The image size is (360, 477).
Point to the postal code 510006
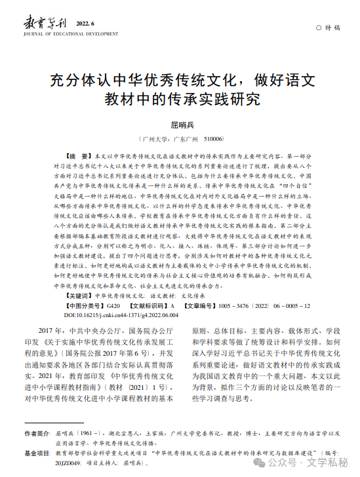pos(214,140)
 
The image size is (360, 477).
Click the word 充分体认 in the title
pos(82,82)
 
